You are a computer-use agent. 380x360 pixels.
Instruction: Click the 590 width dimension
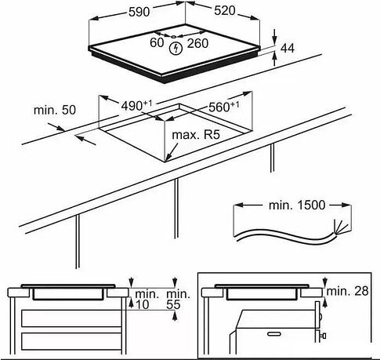139,12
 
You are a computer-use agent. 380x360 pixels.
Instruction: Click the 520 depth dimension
225,11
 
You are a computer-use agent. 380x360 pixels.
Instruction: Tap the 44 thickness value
288,49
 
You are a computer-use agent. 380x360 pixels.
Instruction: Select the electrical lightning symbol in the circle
176,49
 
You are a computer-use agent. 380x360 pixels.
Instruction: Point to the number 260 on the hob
197,43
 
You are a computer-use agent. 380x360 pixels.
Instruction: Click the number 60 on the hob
157,43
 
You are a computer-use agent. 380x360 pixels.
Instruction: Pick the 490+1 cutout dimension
136,106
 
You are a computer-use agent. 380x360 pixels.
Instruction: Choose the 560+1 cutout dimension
223,107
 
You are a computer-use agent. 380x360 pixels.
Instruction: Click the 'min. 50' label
55,110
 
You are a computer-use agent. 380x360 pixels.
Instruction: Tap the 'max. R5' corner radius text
196,135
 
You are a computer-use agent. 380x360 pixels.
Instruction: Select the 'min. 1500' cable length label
297,205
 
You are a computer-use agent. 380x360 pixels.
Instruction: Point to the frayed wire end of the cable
341,227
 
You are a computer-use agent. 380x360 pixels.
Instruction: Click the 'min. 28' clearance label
347,291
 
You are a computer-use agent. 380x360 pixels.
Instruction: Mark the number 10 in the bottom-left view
142,305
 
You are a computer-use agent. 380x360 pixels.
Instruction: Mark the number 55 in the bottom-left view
173,305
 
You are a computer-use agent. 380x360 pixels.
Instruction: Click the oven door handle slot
274,334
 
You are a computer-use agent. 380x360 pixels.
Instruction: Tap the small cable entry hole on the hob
174,36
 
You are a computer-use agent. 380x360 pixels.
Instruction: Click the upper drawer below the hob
71,318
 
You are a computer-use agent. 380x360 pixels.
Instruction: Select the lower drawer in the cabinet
71,341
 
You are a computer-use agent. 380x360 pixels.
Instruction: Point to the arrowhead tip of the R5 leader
166,160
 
